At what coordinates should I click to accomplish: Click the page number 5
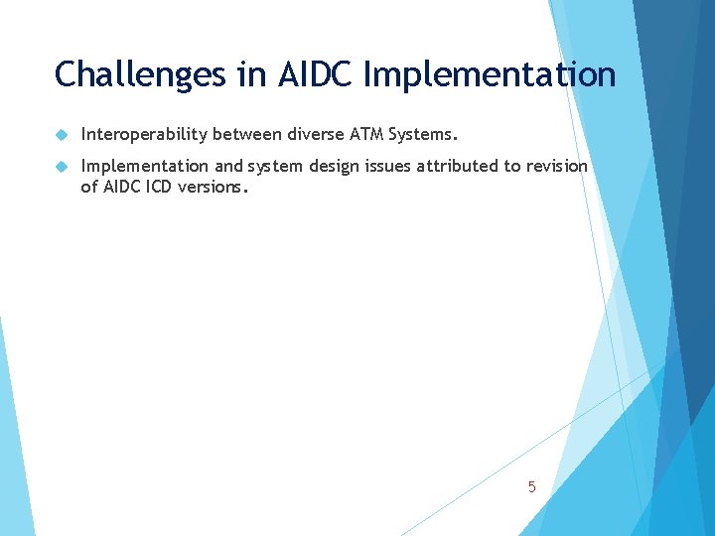[x=532, y=487]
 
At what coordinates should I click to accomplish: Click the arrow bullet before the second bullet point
[x=61, y=167]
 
